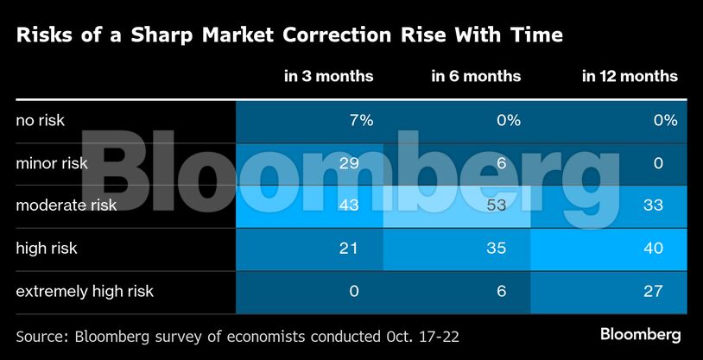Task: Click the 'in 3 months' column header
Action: click(x=328, y=76)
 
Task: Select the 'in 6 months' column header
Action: click(x=476, y=76)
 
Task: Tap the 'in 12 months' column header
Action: click(x=629, y=76)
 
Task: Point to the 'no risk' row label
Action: click(x=41, y=121)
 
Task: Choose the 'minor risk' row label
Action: click(x=52, y=163)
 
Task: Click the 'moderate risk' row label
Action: click(x=66, y=205)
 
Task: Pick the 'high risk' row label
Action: click(x=47, y=249)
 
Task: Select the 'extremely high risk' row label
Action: click(x=85, y=291)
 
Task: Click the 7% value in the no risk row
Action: click(x=360, y=121)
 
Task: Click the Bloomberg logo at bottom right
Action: click(x=640, y=333)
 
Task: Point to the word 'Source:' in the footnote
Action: click(x=43, y=333)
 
